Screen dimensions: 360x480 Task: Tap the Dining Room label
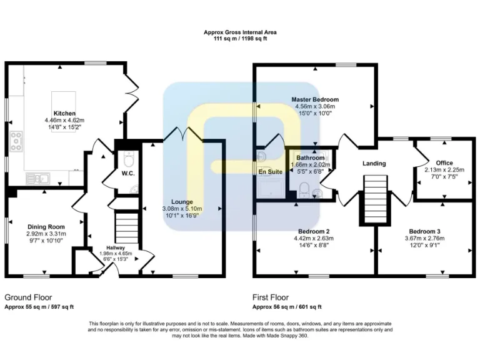click(46, 226)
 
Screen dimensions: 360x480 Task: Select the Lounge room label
click(182, 201)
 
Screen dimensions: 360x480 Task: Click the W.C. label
click(129, 173)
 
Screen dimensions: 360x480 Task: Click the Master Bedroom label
click(315, 99)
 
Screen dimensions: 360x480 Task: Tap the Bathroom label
click(310, 158)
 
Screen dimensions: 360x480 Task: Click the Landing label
click(374, 163)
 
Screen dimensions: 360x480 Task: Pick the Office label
click(444, 162)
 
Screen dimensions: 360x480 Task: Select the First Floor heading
click(270, 297)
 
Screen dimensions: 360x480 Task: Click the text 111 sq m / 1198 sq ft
click(240, 39)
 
